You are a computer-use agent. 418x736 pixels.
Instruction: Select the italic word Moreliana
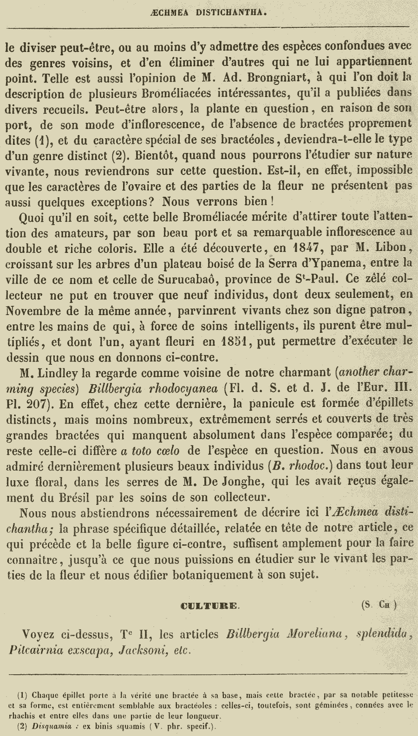tap(317, 634)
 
